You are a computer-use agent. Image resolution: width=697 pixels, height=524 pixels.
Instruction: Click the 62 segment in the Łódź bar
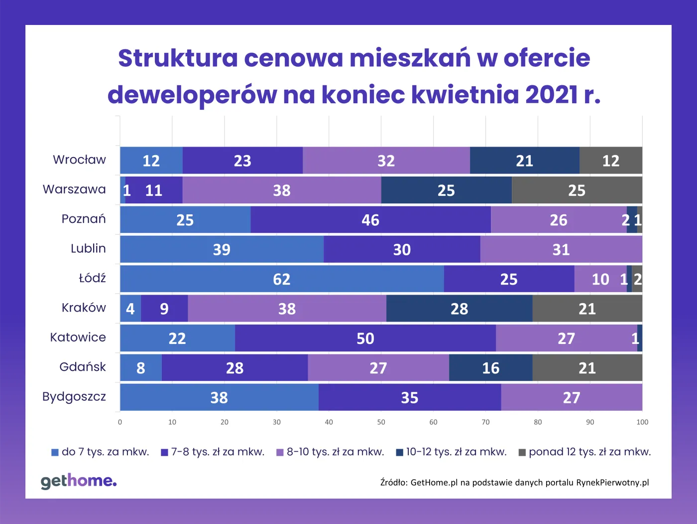[x=282, y=279]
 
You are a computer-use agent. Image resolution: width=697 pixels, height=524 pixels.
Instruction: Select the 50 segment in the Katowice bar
[x=365, y=339]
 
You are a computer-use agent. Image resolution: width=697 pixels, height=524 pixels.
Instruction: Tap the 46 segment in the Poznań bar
[x=370, y=220]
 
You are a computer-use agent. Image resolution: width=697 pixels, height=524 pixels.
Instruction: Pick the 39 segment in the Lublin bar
[x=222, y=249]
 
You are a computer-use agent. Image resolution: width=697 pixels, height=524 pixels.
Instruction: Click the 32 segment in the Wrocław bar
[x=386, y=161]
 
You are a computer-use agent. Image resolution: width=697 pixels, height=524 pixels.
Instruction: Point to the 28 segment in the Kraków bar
[x=459, y=309]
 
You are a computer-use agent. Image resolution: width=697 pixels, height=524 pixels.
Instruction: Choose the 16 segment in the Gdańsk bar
[x=490, y=368]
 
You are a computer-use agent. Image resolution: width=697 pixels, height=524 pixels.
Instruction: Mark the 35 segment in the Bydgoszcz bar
[x=409, y=397]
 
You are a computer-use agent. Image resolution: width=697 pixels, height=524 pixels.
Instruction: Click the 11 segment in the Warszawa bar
[x=154, y=190]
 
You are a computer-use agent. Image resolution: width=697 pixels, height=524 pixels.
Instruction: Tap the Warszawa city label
[x=74, y=189]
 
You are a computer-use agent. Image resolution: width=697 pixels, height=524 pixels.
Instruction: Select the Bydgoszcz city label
[x=74, y=397]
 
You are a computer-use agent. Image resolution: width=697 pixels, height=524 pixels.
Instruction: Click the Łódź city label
[x=92, y=278]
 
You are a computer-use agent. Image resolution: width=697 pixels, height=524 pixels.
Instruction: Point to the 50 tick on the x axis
[x=381, y=422]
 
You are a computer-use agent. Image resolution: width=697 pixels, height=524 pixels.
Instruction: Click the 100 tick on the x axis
[x=642, y=422]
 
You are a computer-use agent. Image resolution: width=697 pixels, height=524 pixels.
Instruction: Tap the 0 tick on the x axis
[x=120, y=422]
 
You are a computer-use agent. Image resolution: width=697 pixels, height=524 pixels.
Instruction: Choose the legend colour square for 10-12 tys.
[x=399, y=453]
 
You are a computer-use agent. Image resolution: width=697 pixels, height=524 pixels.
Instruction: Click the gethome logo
[x=79, y=481]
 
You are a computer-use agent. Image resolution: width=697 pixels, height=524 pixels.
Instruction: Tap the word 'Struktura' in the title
[x=178, y=58]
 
